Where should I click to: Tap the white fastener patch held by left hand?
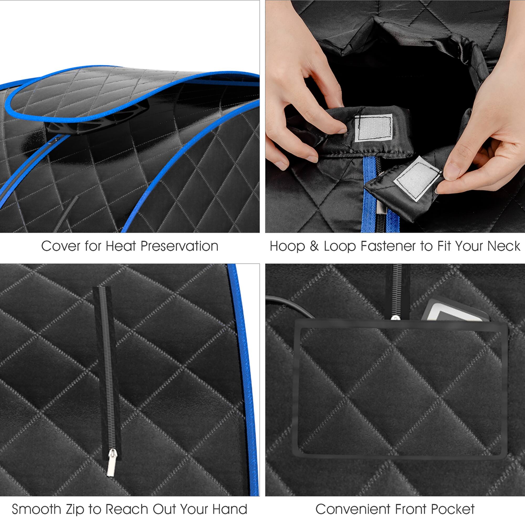374,128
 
